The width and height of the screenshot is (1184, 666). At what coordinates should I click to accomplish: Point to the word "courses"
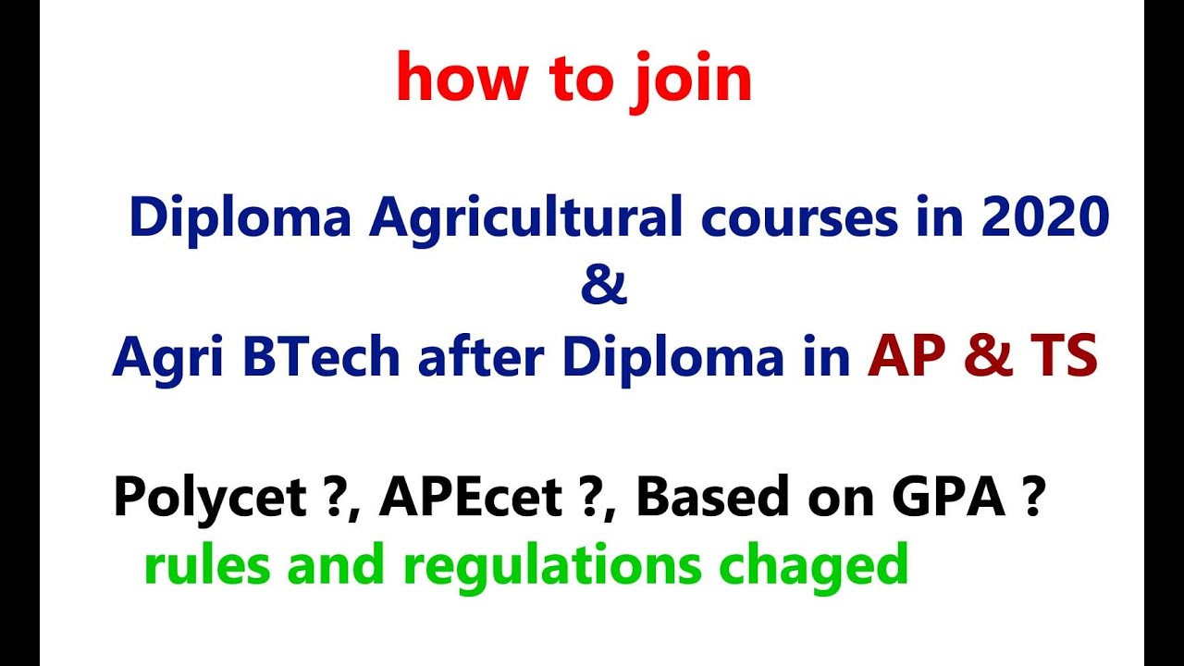803,220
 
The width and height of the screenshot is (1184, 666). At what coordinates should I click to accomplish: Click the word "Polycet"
209,499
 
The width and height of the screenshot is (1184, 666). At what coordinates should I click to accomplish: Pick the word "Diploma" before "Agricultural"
241,220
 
